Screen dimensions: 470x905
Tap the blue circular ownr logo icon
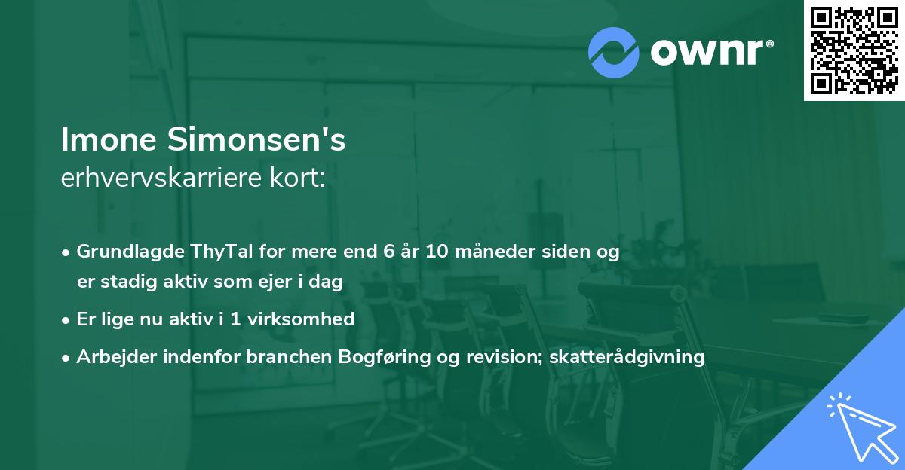coord(614,53)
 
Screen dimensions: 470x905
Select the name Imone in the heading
coord(103,141)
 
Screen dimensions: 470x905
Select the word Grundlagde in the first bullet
coord(122,252)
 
